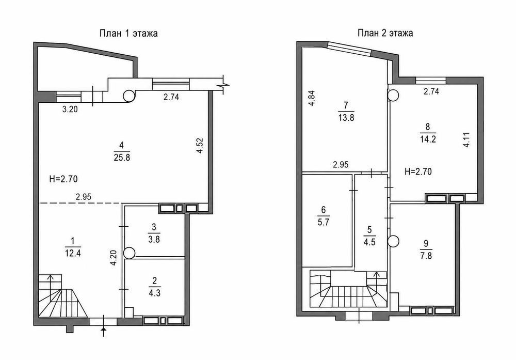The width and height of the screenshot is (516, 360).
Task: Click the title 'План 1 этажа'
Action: click(x=128, y=34)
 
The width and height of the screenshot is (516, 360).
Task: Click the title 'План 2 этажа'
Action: click(x=385, y=33)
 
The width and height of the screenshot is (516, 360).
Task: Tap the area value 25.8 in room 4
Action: click(x=122, y=157)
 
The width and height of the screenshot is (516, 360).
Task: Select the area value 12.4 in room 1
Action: click(x=73, y=253)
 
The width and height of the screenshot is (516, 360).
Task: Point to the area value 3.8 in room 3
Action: click(x=154, y=239)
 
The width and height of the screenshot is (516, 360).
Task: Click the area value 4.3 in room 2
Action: click(x=154, y=292)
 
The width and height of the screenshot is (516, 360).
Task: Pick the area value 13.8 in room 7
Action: click(x=346, y=117)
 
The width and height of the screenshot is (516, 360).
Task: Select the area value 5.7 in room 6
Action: click(x=323, y=222)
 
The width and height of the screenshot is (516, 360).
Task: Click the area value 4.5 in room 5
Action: click(x=369, y=242)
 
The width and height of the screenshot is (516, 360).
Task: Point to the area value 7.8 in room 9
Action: click(x=426, y=256)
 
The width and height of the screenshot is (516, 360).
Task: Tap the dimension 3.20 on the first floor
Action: click(x=70, y=109)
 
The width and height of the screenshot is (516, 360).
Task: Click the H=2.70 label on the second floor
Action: click(x=418, y=171)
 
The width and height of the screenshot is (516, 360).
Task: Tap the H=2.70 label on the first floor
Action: click(x=63, y=179)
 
